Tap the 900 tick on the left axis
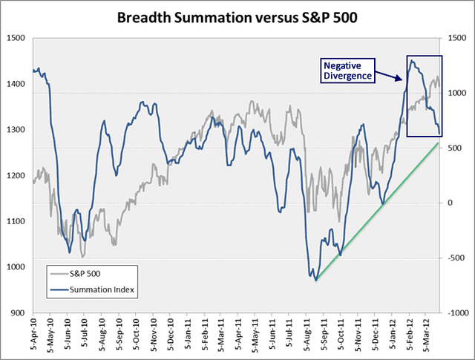(17, 313)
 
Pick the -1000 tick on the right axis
(454, 313)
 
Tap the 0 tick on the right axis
(448, 203)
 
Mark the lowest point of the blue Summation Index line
(315, 280)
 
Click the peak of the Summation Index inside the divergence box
(412, 62)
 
